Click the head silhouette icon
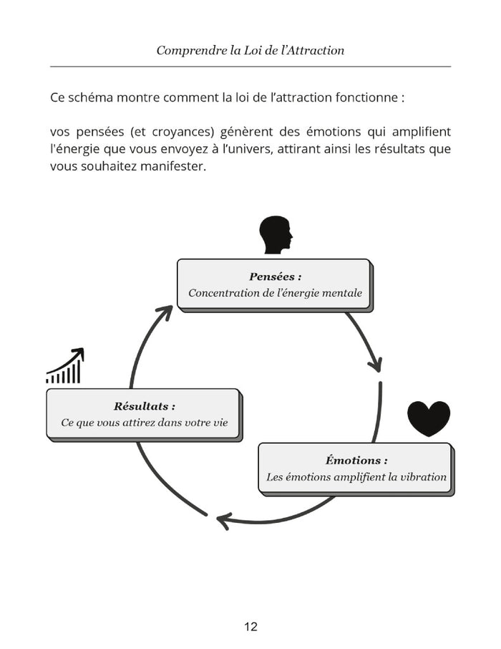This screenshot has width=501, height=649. tap(276, 235)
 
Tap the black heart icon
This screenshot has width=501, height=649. tap(429, 418)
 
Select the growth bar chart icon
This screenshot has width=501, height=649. tap(65, 366)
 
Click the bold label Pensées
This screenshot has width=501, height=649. tap(275, 277)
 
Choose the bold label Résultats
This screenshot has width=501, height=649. tap(144, 406)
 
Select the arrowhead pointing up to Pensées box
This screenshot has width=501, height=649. tap(165, 312)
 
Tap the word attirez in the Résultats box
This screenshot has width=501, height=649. tap(135, 423)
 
